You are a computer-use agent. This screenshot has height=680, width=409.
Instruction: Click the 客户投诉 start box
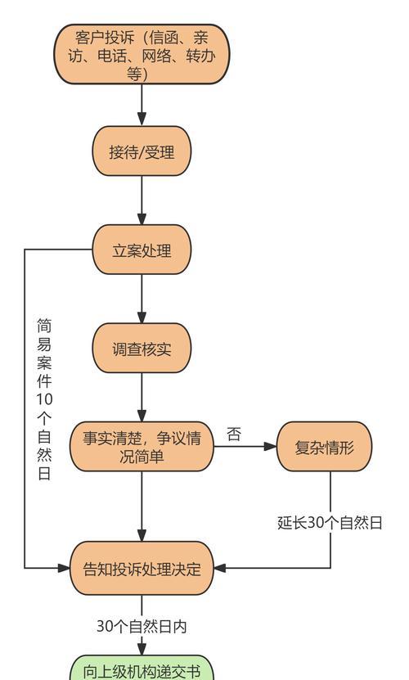(x=142, y=54)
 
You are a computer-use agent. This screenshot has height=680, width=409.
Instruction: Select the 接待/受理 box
(x=142, y=151)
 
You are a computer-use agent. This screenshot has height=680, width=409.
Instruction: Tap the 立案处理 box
(x=142, y=250)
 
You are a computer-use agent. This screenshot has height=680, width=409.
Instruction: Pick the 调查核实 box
(x=142, y=348)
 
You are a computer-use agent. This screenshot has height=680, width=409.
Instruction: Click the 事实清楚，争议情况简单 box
(x=142, y=446)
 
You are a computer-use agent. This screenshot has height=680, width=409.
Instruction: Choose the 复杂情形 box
(x=325, y=446)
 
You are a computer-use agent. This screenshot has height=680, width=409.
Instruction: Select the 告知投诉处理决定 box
(x=142, y=568)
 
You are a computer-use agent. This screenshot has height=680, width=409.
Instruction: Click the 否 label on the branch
(x=234, y=435)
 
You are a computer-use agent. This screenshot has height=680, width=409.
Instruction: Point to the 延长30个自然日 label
(x=330, y=523)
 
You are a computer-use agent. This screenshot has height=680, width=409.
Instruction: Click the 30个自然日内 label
(x=142, y=626)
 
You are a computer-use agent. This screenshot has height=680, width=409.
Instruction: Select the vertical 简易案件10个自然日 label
(x=44, y=399)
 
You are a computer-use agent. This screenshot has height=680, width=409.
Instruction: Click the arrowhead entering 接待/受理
(x=142, y=119)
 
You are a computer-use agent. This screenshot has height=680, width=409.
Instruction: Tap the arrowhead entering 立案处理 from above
(x=142, y=218)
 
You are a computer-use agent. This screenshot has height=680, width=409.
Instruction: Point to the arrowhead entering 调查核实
(x=142, y=317)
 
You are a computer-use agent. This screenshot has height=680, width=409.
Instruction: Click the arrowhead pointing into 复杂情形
(x=270, y=446)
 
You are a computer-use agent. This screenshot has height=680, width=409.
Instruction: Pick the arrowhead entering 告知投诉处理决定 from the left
(x=63, y=568)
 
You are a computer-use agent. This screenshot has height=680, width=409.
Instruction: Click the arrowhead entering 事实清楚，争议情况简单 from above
(x=142, y=415)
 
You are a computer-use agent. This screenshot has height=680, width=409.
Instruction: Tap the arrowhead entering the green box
(x=142, y=649)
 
